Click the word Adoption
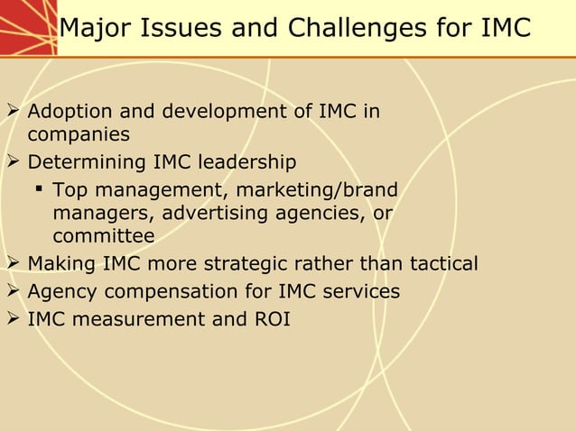tap(70, 113)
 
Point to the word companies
tap(79, 135)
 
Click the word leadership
tap(246, 163)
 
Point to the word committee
tap(104, 236)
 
